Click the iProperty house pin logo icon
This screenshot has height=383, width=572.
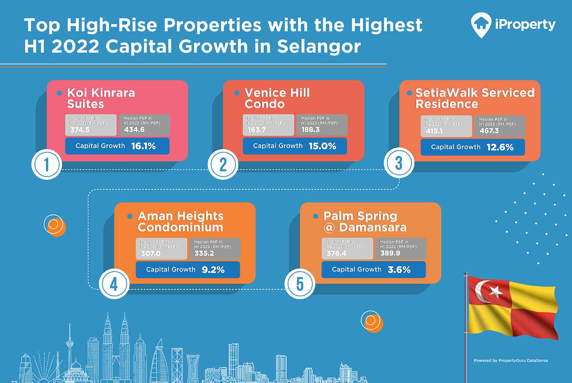click(x=481, y=25)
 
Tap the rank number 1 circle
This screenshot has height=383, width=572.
click(x=47, y=165)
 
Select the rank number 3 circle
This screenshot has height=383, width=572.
click(x=399, y=163)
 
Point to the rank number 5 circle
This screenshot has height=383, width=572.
click(x=300, y=284)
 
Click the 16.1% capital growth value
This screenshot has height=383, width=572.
click(x=143, y=146)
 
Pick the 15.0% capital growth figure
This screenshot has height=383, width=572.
click(x=322, y=146)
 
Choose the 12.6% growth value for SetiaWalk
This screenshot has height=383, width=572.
click(x=500, y=147)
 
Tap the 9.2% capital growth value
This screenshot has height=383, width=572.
click(x=213, y=270)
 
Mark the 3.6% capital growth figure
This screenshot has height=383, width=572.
click(x=399, y=270)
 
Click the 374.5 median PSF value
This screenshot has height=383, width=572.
click(x=80, y=130)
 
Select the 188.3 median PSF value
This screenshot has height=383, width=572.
click(x=310, y=130)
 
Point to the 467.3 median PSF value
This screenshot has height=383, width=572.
click(x=489, y=131)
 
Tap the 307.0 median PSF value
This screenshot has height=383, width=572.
click(x=151, y=253)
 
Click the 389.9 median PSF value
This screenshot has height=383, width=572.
click(x=390, y=253)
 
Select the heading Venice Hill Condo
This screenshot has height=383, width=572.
click(x=277, y=98)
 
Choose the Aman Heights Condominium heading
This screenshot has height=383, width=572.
click(x=180, y=222)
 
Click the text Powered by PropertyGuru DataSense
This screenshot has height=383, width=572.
click(x=511, y=361)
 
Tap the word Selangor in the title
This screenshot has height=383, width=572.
click(x=319, y=47)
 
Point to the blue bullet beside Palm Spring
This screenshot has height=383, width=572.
click(x=315, y=216)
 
